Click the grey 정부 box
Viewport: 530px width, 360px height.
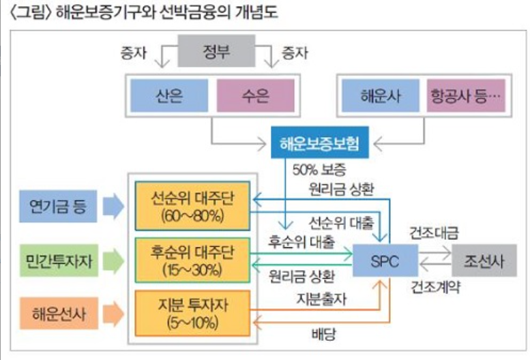216,52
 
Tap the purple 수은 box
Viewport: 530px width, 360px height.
256,95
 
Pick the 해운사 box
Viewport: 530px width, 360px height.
381,95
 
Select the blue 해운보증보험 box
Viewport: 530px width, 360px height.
319,144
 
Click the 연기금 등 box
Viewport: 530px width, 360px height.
58,205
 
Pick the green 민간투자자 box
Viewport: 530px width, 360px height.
58,259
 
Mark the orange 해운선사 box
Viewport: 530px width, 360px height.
58,314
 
